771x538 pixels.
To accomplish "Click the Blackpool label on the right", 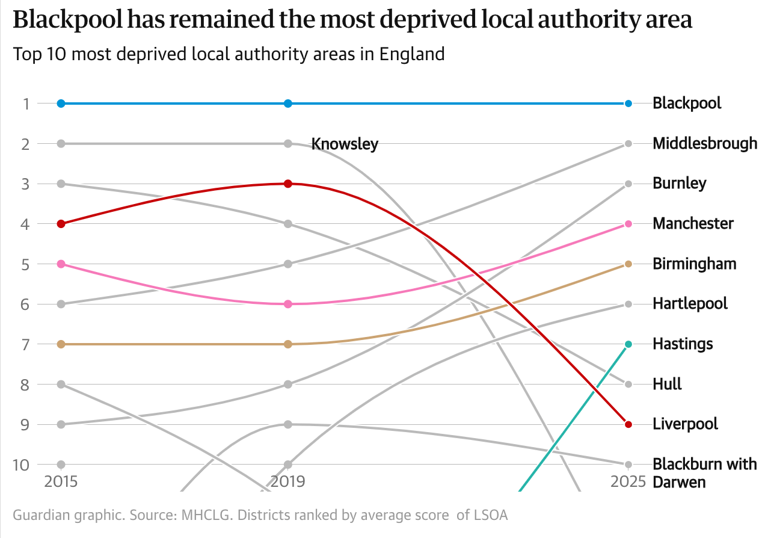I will pyautogui.click(x=687, y=104).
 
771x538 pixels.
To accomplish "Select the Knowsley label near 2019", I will pyautogui.click(x=345, y=144).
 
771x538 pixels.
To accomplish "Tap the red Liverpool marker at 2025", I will pyautogui.click(x=628, y=424).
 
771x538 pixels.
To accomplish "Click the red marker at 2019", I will pyautogui.click(x=288, y=184).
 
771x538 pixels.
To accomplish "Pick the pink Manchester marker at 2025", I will pyautogui.click(x=628, y=224).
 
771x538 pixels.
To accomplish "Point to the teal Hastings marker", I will pyautogui.click(x=628, y=344).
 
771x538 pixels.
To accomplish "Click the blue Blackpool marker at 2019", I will pyautogui.click(x=288, y=104).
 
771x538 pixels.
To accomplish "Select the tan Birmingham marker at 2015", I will pyautogui.click(x=61, y=344).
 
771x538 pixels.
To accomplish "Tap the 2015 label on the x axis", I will pyautogui.click(x=61, y=481).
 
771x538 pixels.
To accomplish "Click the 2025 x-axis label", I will pyautogui.click(x=628, y=481).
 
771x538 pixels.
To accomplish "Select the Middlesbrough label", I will pyautogui.click(x=705, y=144).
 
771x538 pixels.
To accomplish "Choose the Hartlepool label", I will pyautogui.click(x=690, y=304).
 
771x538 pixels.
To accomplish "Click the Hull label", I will pyautogui.click(x=667, y=384).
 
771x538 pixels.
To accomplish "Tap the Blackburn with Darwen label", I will pyautogui.click(x=704, y=473).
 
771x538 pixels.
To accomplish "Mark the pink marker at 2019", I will pyautogui.click(x=288, y=304).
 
